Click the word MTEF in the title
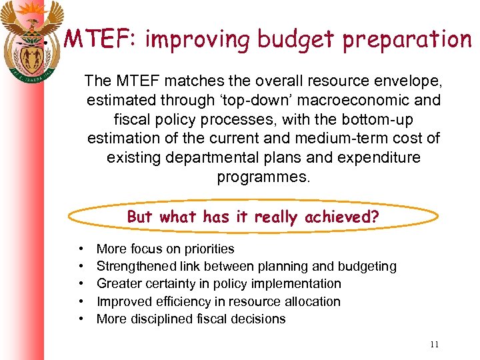(x=97, y=39)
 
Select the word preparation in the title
(x=407, y=40)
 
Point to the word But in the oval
(x=140, y=217)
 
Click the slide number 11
(x=434, y=344)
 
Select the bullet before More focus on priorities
(x=81, y=249)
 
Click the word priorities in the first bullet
(x=207, y=249)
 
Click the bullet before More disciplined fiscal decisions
(x=81, y=319)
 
